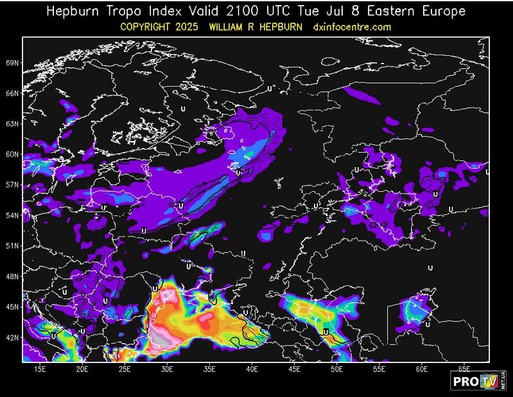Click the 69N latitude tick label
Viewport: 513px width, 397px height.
click(12, 63)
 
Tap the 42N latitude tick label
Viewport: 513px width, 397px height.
click(12, 337)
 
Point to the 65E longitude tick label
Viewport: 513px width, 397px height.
click(464, 369)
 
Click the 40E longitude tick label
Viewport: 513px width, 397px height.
click(252, 369)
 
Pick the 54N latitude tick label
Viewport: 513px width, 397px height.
click(12, 215)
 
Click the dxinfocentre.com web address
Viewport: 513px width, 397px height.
click(352, 27)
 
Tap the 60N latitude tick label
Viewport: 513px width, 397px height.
click(12, 155)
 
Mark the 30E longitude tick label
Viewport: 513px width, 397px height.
click(167, 369)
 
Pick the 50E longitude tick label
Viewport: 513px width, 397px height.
click(337, 369)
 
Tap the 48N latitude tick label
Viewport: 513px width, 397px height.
click(12, 276)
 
